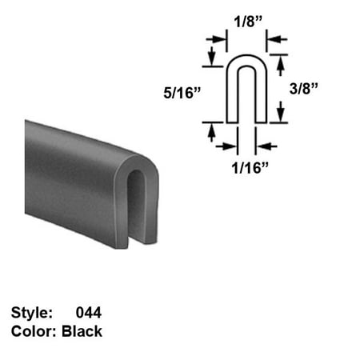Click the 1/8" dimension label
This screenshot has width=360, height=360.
(248, 22)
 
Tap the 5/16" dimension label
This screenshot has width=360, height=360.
(182, 93)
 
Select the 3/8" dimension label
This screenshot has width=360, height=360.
(304, 89)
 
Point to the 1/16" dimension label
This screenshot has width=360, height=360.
(250, 168)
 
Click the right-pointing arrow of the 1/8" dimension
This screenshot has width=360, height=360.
(216, 40)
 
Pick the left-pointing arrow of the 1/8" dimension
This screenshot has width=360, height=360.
(277, 39)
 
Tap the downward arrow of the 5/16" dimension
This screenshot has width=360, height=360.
(212, 56)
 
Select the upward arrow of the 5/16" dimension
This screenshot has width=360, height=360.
(212, 133)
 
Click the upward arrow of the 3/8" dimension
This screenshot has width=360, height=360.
(280, 66)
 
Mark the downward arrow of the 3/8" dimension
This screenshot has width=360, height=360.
(280, 111)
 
